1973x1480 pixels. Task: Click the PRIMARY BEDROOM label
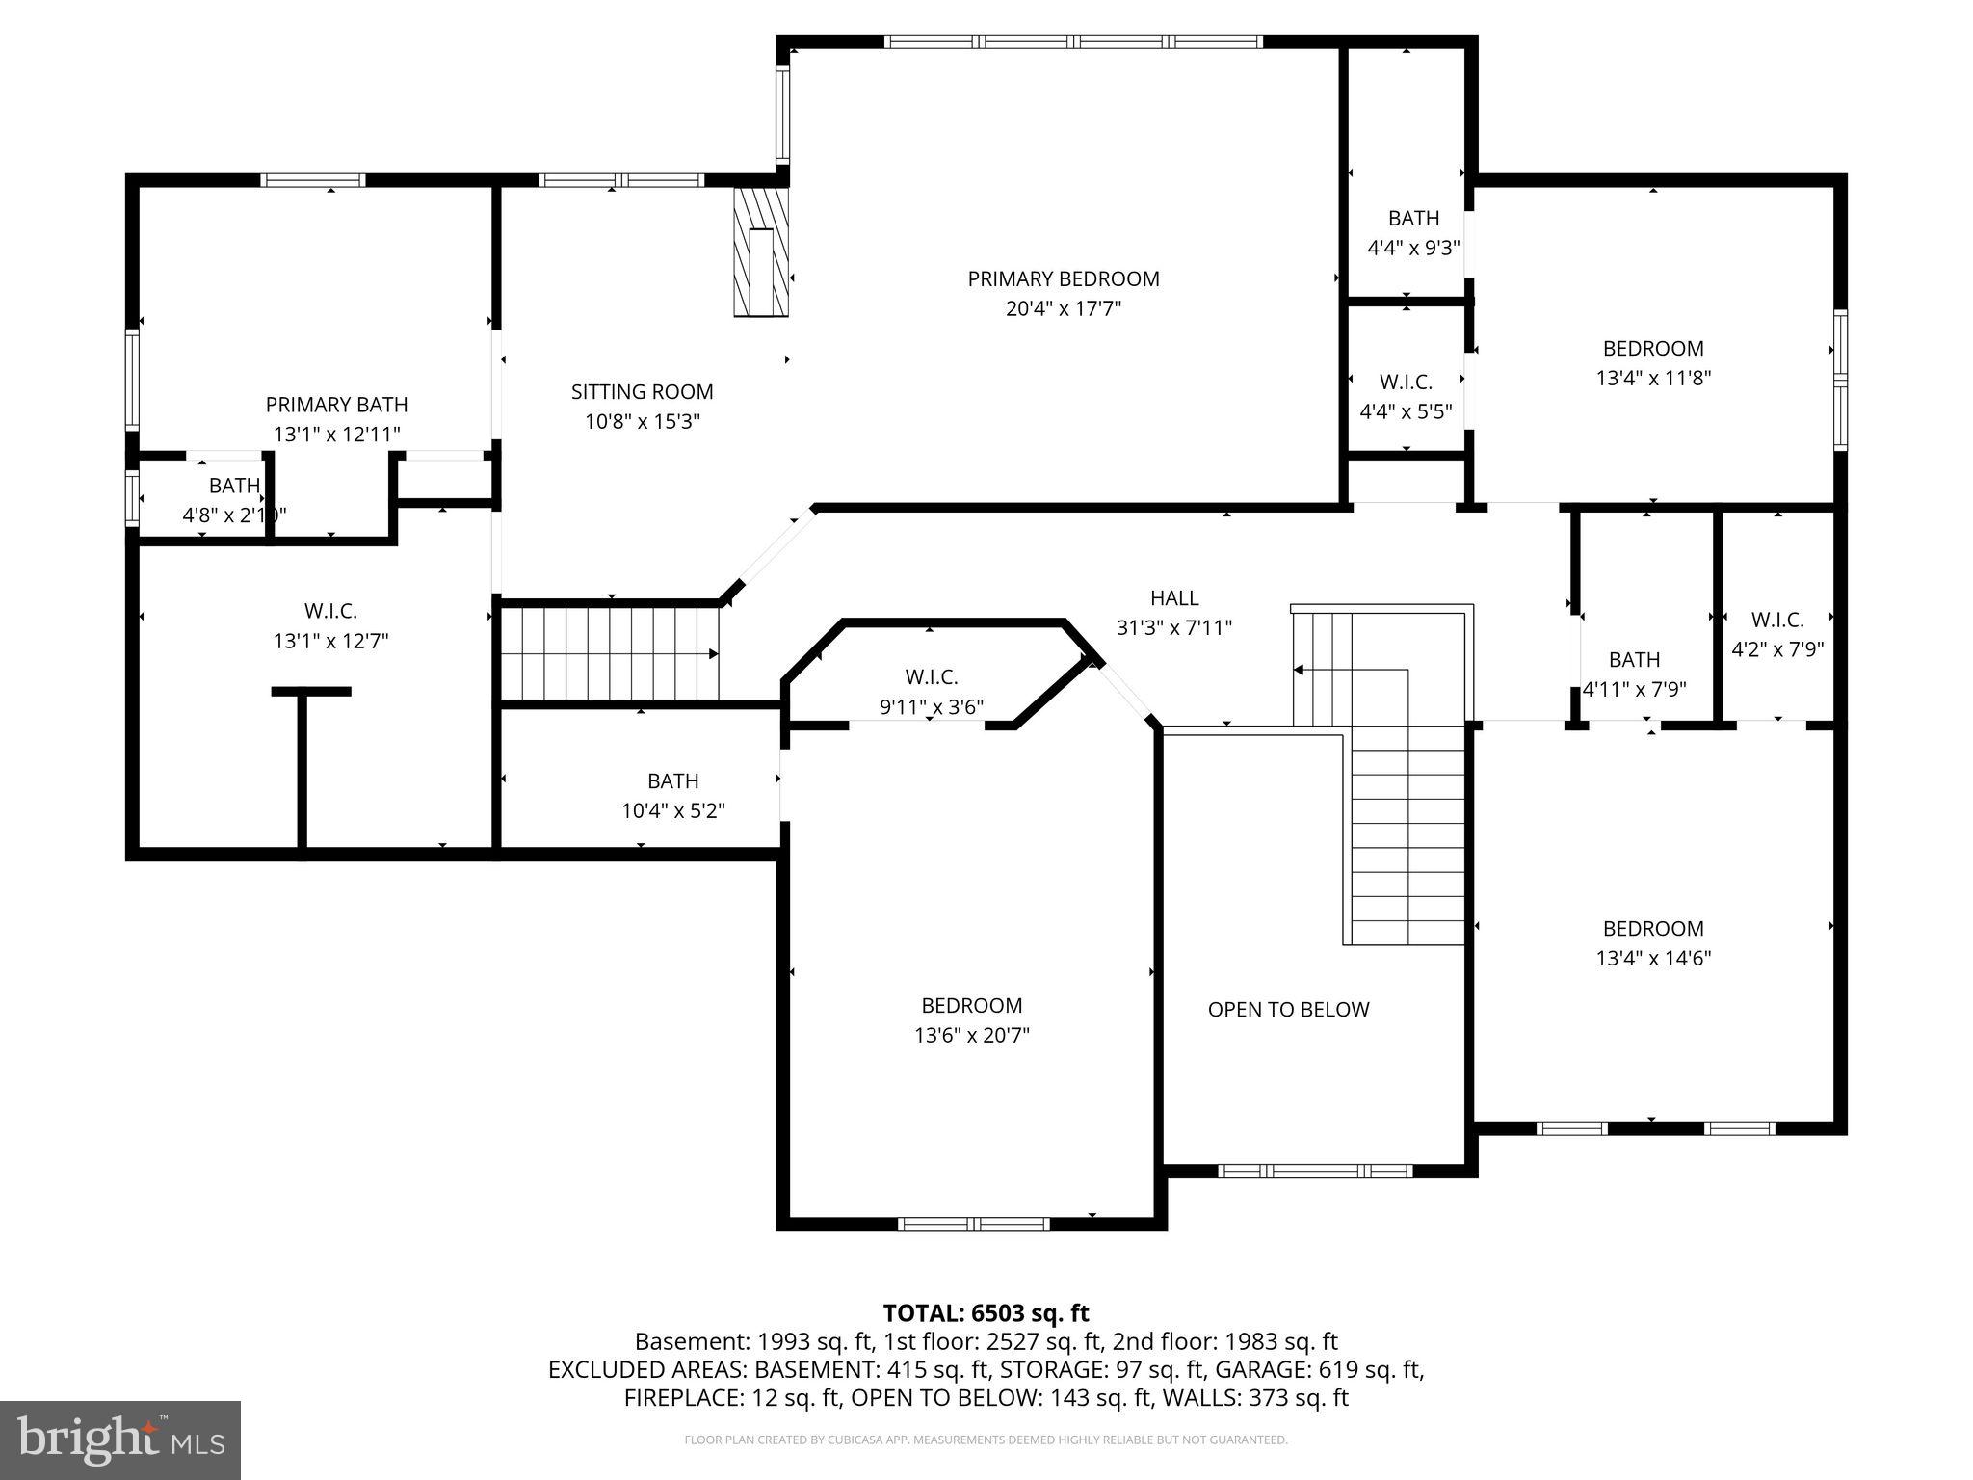click(1063, 279)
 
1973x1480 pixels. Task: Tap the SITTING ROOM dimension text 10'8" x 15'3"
click(642, 422)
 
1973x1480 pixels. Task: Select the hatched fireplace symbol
click(761, 252)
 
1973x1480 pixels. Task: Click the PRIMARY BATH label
click(336, 405)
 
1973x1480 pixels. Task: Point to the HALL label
click(1173, 598)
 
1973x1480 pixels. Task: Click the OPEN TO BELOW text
click(1288, 1010)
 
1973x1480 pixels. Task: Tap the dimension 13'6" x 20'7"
click(971, 1036)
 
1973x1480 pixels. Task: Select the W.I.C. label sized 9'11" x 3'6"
click(931, 677)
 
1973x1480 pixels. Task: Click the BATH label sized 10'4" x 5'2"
click(672, 781)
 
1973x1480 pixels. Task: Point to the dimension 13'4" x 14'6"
click(1652, 959)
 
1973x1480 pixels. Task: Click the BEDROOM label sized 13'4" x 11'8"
click(1652, 349)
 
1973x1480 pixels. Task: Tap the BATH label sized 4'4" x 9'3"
click(1413, 219)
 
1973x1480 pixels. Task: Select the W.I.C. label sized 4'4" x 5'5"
click(1406, 383)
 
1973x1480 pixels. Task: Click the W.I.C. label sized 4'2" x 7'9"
click(1776, 621)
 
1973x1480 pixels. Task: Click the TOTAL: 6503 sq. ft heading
click(986, 1313)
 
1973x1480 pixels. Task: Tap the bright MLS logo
click(119, 1440)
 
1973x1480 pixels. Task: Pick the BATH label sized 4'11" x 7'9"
click(1634, 660)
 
